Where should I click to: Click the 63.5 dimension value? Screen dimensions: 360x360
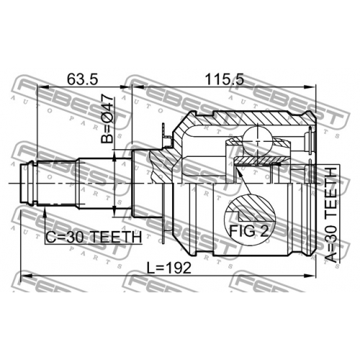(83, 79)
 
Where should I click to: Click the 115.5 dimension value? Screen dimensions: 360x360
(224, 79)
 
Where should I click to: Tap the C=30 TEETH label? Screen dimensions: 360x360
(94, 237)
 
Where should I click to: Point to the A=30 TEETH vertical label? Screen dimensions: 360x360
(331, 215)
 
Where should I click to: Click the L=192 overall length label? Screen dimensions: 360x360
(169, 268)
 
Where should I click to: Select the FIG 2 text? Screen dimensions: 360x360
(248, 231)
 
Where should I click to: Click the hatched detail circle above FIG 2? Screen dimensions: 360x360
(249, 208)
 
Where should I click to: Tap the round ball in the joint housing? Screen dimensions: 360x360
(258, 141)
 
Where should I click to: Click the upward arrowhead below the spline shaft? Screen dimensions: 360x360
(45, 212)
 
